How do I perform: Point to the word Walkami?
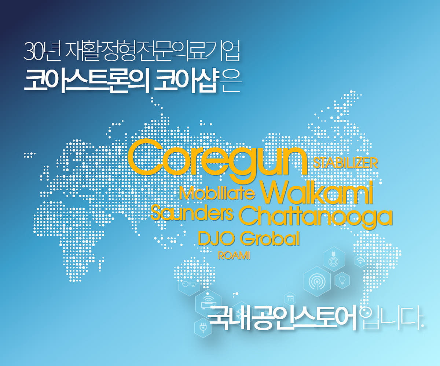click(316, 193)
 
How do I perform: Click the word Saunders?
click(192, 212)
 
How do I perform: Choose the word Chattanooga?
click(315, 217)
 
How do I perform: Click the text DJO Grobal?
click(249, 239)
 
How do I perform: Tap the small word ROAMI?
click(234, 255)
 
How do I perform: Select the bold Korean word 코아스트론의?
click(87, 81)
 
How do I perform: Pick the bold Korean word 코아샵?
click(186, 81)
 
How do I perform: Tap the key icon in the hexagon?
click(189, 284)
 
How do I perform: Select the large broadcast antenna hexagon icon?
click(317, 281)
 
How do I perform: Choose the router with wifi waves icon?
click(208, 302)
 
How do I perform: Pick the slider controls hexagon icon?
click(290, 299)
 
